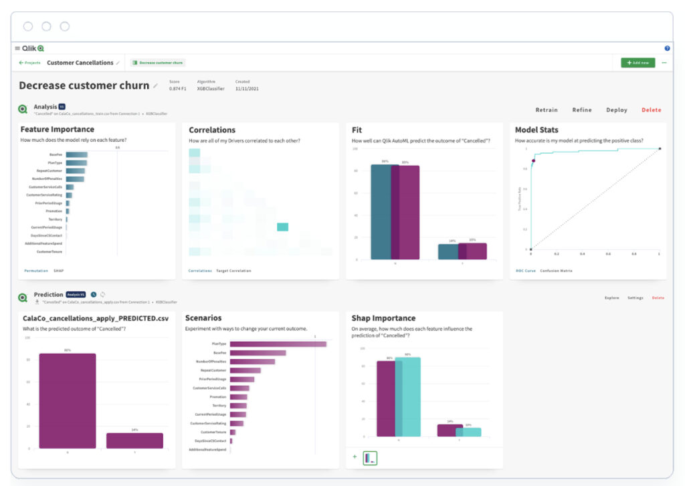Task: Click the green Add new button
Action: tap(638, 63)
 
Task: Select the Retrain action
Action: tap(547, 110)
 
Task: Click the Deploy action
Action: tap(617, 110)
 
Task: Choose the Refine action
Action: tap(581, 110)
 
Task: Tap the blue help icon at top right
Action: tap(667, 48)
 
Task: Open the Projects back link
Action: tap(29, 63)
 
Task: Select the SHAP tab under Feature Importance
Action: tap(58, 271)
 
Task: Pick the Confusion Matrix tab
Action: tap(556, 271)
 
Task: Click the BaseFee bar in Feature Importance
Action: tap(76, 154)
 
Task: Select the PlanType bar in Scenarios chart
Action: tap(278, 344)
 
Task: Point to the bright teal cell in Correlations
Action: tap(282, 227)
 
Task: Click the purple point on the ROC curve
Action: tap(533, 161)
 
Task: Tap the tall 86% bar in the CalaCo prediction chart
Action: tap(67, 400)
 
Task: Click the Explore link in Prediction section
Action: tap(611, 297)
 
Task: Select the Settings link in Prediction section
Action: tap(635, 297)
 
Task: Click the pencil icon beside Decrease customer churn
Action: tap(156, 86)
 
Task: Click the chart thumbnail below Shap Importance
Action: tap(370, 458)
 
